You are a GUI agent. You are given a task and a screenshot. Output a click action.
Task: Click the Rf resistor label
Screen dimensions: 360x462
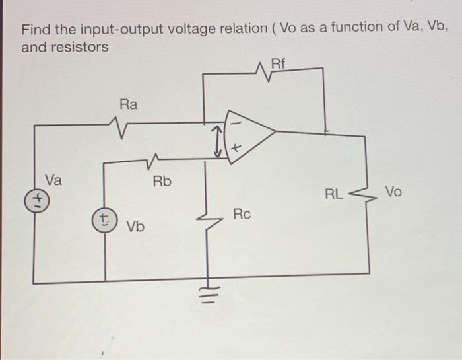[279, 63]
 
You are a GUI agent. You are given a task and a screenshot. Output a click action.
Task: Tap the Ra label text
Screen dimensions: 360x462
[129, 104]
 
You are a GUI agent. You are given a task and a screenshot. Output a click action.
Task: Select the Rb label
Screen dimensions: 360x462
[162, 181]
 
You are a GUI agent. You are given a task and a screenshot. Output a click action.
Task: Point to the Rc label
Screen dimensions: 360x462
[242, 214]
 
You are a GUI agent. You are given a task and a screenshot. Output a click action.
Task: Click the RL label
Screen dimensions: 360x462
[334, 194]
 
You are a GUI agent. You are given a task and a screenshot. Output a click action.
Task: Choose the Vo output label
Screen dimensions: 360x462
[393, 192]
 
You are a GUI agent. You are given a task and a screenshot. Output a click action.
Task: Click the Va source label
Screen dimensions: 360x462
[54, 179]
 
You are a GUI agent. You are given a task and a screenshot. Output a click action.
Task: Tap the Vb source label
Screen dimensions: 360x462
[136, 227]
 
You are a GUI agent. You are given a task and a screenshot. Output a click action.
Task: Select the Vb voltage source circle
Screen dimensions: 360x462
[104, 219]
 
